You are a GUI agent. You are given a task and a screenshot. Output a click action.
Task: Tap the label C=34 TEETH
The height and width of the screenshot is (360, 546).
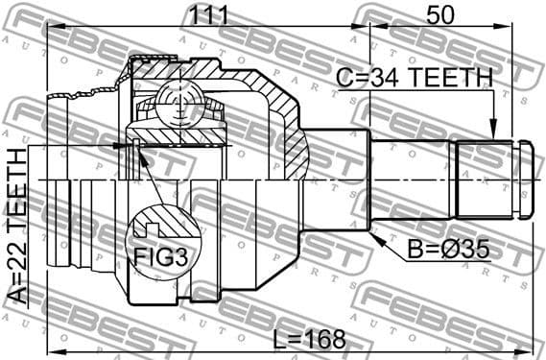pyautogui.click(x=414, y=78)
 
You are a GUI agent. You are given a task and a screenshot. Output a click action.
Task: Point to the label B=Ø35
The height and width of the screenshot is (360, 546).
pyautogui.click(x=448, y=250)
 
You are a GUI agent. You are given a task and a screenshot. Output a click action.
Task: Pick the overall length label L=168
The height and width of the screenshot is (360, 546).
pyautogui.click(x=308, y=340)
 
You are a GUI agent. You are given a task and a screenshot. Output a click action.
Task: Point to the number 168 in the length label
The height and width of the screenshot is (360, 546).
pyautogui.click(x=323, y=340)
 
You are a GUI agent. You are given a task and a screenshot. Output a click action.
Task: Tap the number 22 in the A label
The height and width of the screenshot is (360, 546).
pyautogui.click(x=17, y=271)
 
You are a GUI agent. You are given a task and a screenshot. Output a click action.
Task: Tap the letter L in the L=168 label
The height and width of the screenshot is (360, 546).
pyautogui.click(x=277, y=340)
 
